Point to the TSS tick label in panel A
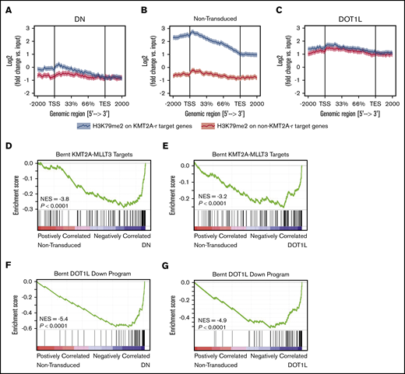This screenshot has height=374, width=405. coord(55,102)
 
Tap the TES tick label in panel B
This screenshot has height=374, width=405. coord(241,102)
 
